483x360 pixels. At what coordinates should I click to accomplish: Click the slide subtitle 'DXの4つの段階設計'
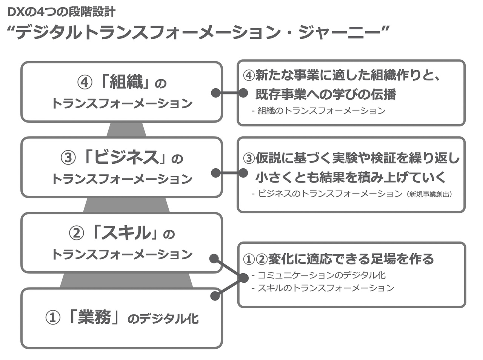pos(61,12)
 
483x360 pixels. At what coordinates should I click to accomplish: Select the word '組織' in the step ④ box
pos(126,82)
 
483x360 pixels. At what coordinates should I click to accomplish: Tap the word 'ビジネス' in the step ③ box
pos(126,157)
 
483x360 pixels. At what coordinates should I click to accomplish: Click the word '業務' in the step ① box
pos(94,317)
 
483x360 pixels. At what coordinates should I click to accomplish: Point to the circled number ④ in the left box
pos(85,83)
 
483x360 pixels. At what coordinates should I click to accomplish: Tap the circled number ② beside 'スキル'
pos(76,234)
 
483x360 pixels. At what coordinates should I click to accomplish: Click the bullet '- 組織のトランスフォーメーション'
pos(318,111)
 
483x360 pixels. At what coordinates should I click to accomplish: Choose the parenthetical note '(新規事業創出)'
pos(430,194)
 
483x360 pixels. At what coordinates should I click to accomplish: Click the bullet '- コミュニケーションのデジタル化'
pos(318,275)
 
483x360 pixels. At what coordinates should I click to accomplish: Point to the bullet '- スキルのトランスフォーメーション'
pos(323,288)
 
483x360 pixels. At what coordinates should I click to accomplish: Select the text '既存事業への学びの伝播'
pos(326,94)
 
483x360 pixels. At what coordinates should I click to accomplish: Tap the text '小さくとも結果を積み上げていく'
pos(351,177)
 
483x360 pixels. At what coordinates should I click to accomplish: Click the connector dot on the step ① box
pos(215,295)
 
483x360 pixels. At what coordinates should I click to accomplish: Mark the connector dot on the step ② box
pos(214,258)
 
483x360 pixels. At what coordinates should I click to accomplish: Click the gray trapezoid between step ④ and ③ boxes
pos(126,129)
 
